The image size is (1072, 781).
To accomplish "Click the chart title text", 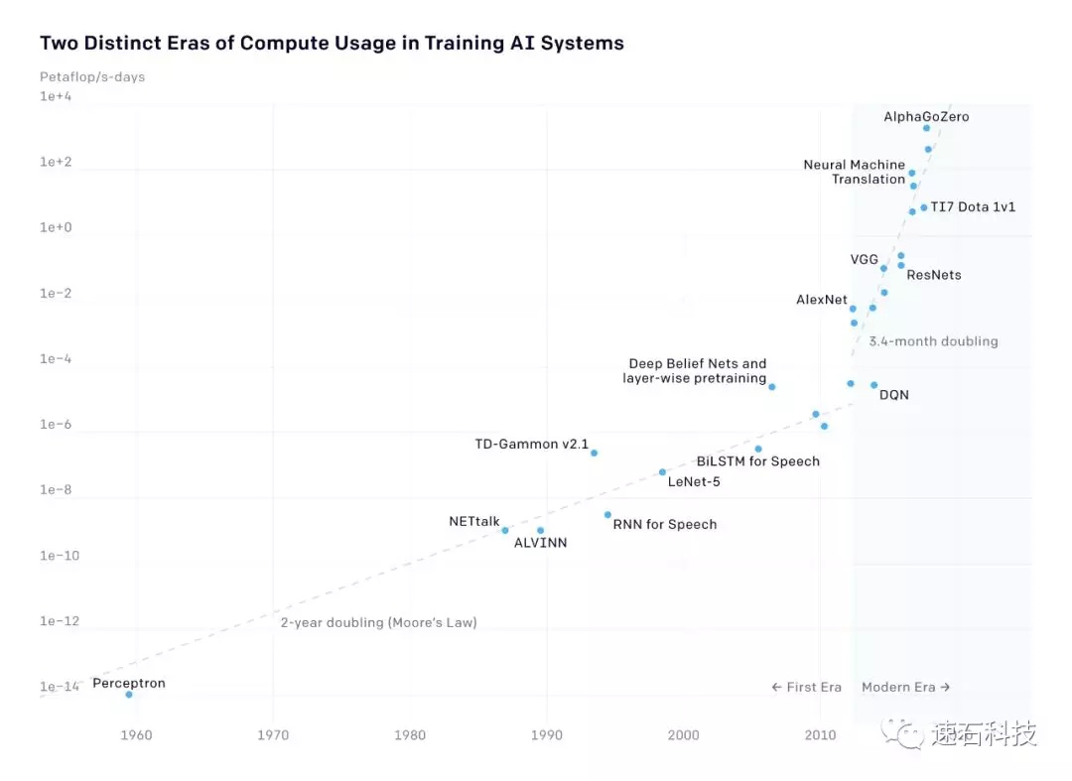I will (332, 44).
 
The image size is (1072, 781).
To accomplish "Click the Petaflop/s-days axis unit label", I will (92, 76).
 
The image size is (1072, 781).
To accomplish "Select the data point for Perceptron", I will (129, 695).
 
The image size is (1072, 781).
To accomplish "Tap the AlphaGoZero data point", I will (926, 128).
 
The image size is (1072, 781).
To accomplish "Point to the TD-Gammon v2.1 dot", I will (594, 453).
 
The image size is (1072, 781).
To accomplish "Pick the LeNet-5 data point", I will (662, 472).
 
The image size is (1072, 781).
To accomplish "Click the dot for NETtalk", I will (505, 530).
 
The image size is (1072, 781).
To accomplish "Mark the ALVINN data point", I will (540, 530).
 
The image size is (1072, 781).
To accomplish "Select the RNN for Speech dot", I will (607, 515).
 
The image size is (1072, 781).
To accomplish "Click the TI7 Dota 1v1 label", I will (973, 207).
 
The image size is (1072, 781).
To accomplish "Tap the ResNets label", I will (934, 275).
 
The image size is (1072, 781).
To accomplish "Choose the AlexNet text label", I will (822, 300).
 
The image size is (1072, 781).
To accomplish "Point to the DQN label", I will (894, 395).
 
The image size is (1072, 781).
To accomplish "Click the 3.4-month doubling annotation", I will (933, 341).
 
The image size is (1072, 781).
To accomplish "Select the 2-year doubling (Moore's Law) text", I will (378, 623).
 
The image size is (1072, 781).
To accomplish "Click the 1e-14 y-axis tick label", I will (59, 687).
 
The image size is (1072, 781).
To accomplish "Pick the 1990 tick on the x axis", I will (546, 735).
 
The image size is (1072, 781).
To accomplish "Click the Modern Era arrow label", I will (905, 687).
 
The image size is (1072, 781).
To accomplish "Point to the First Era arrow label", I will (806, 687).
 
